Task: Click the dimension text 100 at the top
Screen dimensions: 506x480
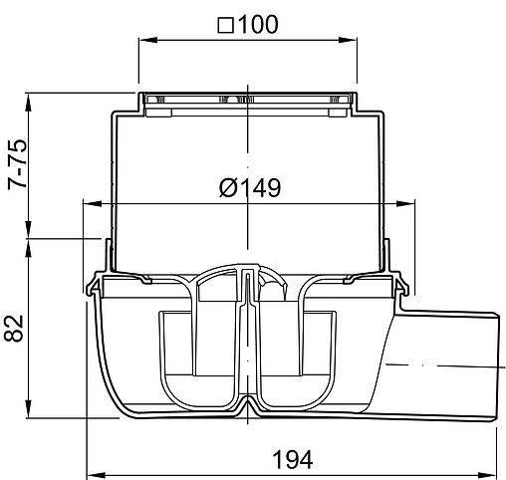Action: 258,24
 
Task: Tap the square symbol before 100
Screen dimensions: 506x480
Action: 226,26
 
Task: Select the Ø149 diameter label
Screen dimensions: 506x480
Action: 250,187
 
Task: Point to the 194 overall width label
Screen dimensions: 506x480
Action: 293,459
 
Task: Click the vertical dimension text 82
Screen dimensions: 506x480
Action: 14,329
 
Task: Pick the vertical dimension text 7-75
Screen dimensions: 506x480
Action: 17,164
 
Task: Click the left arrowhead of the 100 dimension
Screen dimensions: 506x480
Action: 147,40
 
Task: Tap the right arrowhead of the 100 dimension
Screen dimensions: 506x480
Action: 348,40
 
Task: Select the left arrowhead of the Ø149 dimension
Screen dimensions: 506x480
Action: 93,203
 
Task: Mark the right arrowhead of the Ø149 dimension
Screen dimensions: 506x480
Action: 405,203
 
